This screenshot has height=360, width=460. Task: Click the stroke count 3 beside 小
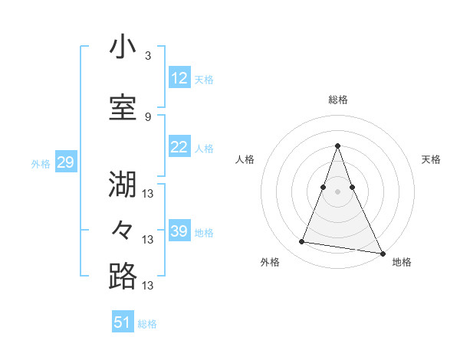[x=147, y=56]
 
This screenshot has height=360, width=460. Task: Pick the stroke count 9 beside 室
[x=147, y=116]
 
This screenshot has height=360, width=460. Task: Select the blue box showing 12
[x=179, y=78]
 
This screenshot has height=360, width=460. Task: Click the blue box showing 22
[x=179, y=147]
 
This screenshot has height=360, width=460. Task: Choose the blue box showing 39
[x=179, y=231]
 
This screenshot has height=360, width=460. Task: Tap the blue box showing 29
[x=66, y=162]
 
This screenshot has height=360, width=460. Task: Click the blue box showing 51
[x=123, y=322]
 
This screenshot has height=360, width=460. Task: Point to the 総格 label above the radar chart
[x=337, y=100]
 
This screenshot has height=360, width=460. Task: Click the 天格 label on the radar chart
[x=431, y=159]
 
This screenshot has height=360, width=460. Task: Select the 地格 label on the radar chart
[x=402, y=262]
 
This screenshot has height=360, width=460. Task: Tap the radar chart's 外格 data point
[x=302, y=242]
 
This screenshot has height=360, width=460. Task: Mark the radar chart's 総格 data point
[x=337, y=146]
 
